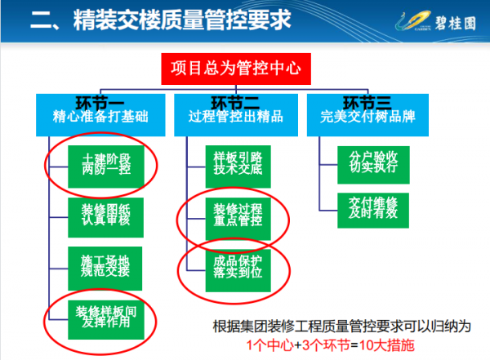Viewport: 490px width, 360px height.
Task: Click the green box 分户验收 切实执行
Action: point(368,162)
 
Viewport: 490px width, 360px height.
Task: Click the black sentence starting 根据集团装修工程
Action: point(342,327)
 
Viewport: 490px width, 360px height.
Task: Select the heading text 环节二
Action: point(234,103)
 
